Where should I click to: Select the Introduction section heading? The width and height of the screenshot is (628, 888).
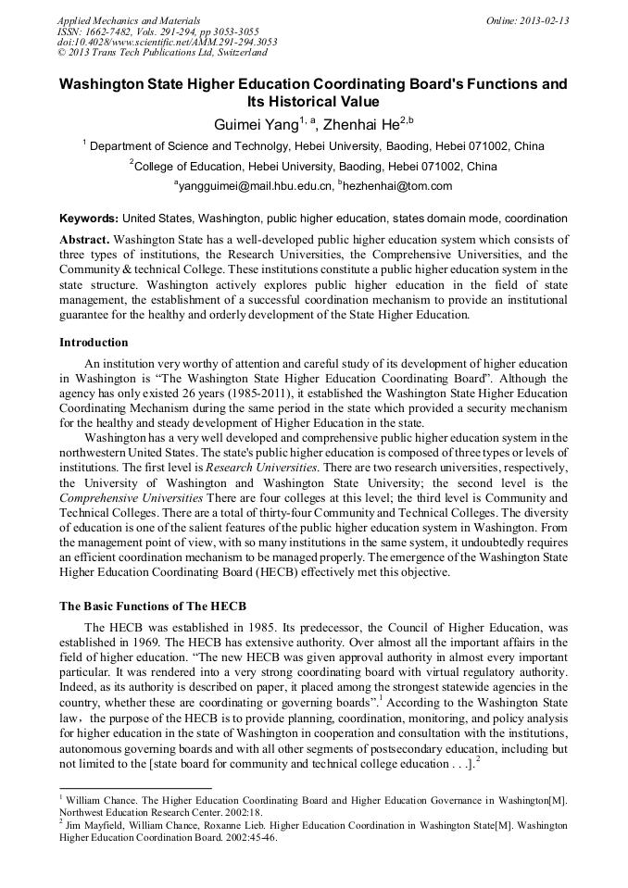pyautogui.click(x=94, y=343)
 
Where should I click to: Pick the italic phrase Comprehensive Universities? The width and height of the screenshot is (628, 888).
pyautogui.click(x=124, y=497)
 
